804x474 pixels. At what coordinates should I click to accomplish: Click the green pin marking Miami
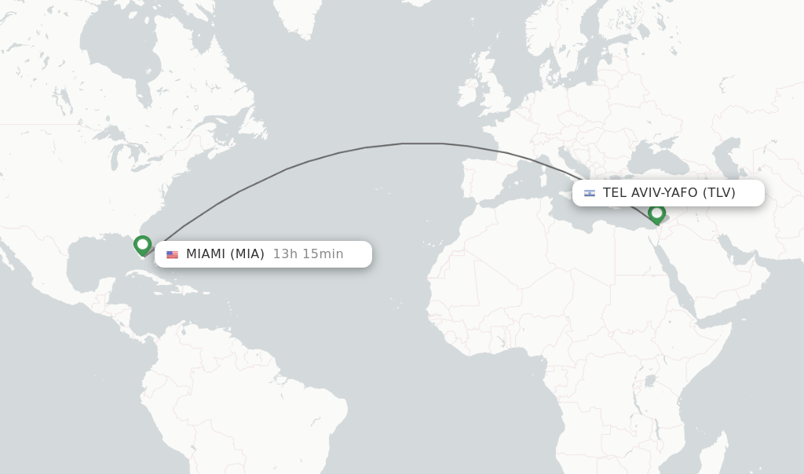click(142, 245)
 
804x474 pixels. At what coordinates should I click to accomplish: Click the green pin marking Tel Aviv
click(656, 213)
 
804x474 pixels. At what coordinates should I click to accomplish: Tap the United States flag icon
click(172, 254)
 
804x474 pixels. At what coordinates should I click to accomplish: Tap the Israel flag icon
click(589, 193)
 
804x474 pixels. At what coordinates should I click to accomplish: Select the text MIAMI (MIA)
click(225, 254)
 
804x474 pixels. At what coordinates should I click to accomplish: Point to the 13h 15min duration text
click(308, 254)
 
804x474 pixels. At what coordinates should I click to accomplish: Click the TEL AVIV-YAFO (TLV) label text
click(669, 193)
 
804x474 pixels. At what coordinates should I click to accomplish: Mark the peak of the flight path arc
click(422, 144)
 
